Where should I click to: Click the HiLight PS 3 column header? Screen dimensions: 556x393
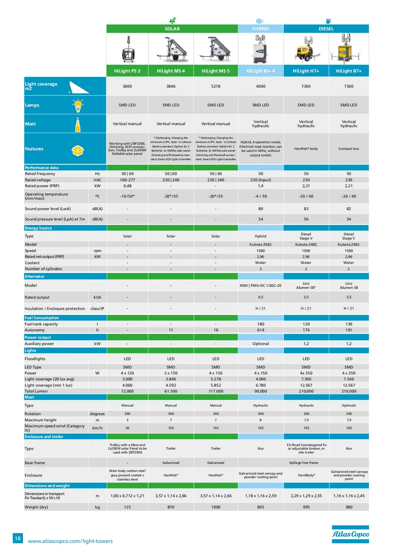click(x=127, y=71)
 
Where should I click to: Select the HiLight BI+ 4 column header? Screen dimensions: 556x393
click(x=261, y=71)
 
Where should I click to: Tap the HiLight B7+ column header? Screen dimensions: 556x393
click(x=349, y=71)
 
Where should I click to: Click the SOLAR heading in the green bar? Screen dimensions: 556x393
click(x=172, y=29)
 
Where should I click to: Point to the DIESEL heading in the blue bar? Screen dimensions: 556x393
click(x=326, y=29)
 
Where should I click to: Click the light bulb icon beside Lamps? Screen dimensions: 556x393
click(x=78, y=105)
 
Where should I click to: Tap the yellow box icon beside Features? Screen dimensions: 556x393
click(x=78, y=150)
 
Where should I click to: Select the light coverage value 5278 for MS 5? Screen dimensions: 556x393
click(x=215, y=86)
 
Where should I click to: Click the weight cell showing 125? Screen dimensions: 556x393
click(x=127, y=507)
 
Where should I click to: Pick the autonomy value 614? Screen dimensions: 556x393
click(x=261, y=330)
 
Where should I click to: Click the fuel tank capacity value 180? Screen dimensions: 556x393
click(x=261, y=324)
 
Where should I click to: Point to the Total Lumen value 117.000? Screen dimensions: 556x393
click(x=215, y=391)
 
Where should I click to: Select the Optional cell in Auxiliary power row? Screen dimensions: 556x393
click(x=261, y=344)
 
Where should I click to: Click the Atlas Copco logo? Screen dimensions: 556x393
click(x=350, y=534)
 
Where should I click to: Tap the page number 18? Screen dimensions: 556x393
click(x=18, y=538)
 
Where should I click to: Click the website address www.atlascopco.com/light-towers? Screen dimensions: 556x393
click(x=70, y=541)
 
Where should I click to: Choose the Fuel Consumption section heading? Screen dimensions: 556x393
click(x=42, y=318)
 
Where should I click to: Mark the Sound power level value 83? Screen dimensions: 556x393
click(x=306, y=209)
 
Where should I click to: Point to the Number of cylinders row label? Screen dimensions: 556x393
click(x=43, y=269)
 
